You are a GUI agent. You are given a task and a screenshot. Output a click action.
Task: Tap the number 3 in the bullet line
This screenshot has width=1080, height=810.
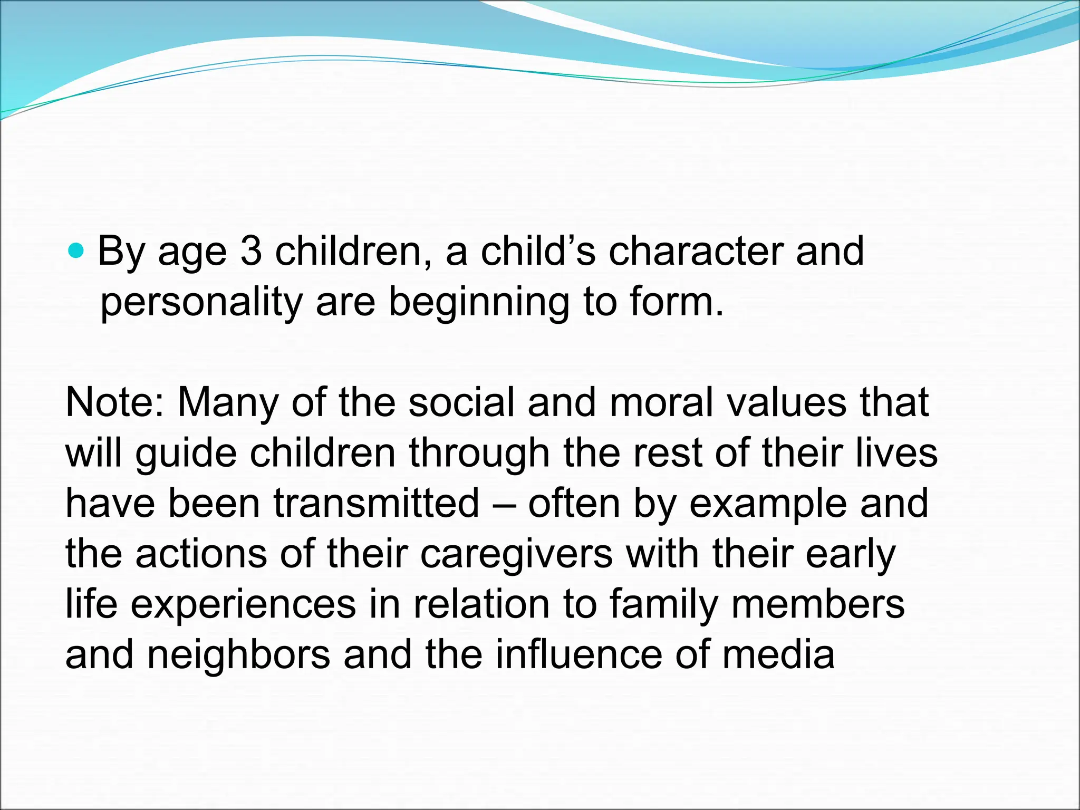click(251, 252)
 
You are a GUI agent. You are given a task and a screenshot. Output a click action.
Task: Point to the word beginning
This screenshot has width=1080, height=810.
click(479, 303)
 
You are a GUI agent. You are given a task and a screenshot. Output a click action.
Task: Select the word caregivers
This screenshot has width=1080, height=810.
click(517, 554)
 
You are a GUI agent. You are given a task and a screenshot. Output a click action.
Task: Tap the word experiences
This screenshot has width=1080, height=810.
click(243, 604)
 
